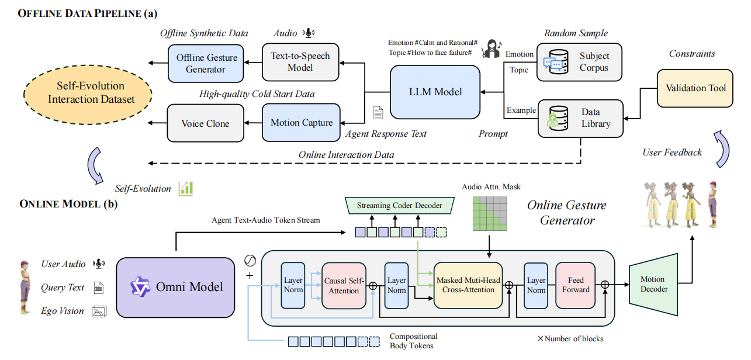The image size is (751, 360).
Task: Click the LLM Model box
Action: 435,92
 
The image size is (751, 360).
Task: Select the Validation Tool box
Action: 695,88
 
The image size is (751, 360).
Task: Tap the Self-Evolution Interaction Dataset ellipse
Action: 88,95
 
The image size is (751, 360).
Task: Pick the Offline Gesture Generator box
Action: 206,63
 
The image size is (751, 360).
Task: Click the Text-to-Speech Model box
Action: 300,62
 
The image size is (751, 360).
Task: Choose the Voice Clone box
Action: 206,123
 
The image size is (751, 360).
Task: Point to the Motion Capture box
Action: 301,122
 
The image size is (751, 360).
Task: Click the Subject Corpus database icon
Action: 556,62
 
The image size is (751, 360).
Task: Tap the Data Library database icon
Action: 557,118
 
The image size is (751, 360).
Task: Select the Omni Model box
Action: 175,288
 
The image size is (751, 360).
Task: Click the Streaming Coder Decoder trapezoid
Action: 400,206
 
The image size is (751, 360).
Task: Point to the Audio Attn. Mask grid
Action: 490,213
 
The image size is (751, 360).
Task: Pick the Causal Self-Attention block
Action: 344,286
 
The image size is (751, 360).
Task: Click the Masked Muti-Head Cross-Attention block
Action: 468,285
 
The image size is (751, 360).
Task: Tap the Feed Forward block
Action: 575,285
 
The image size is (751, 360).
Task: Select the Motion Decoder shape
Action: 653,285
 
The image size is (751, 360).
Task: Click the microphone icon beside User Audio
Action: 99,264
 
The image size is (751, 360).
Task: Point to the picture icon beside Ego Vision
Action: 99,311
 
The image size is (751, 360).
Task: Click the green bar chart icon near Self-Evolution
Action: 186,189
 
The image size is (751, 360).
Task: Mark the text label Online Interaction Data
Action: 347,155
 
